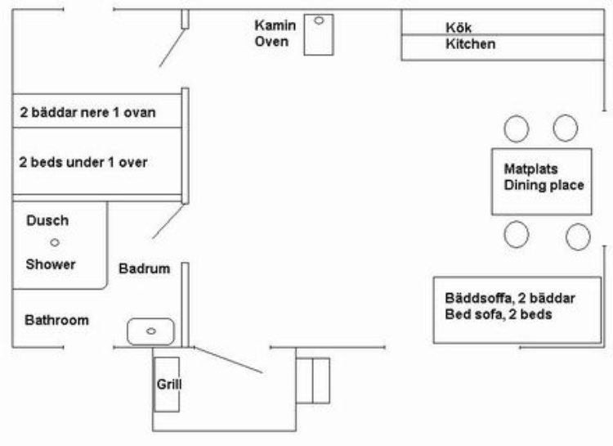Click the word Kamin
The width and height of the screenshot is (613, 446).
(x=275, y=25)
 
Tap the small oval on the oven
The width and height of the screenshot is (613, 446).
(x=319, y=20)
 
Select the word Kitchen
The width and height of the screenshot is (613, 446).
(x=470, y=44)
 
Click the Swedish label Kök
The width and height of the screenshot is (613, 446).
(x=459, y=27)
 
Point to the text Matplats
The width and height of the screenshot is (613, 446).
(x=531, y=169)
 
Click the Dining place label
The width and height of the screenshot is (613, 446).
(x=544, y=185)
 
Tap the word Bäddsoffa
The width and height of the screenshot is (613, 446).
(x=479, y=298)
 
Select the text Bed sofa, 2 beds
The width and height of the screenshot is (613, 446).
(x=499, y=314)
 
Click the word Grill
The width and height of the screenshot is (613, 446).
(x=169, y=384)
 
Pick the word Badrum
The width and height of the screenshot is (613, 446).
(x=144, y=268)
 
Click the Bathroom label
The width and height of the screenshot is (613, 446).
(x=56, y=320)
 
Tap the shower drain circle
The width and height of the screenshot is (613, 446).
(x=55, y=242)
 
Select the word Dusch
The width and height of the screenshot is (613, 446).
(x=47, y=220)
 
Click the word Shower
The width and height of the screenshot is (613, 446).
(x=51, y=264)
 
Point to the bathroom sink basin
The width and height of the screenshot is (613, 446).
(x=150, y=331)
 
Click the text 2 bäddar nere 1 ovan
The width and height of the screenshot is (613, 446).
(x=87, y=113)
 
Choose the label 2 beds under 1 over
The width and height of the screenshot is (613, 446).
(x=83, y=162)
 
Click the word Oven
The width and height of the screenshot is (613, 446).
(x=271, y=42)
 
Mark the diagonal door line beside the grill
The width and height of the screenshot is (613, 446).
(x=228, y=360)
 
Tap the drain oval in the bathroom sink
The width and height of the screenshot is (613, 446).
(x=151, y=331)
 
